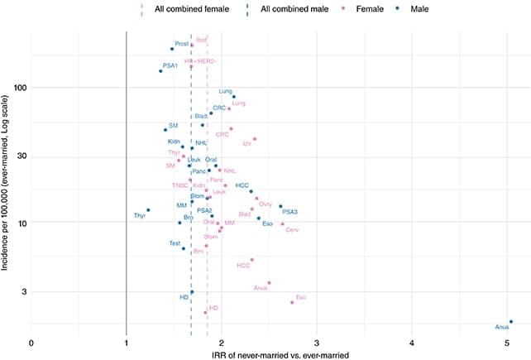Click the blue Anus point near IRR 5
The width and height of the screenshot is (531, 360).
[511, 322]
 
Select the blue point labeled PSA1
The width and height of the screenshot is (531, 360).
[160, 71]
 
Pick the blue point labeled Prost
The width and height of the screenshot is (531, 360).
[172, 49]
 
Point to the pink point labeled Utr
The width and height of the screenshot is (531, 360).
[255, 139]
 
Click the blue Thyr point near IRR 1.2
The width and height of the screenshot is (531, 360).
[148, 210]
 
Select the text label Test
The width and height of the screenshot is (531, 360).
[175, 243]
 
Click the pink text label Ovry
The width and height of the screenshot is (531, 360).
[265, 204]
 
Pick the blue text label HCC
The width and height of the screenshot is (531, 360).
[242, 185]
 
